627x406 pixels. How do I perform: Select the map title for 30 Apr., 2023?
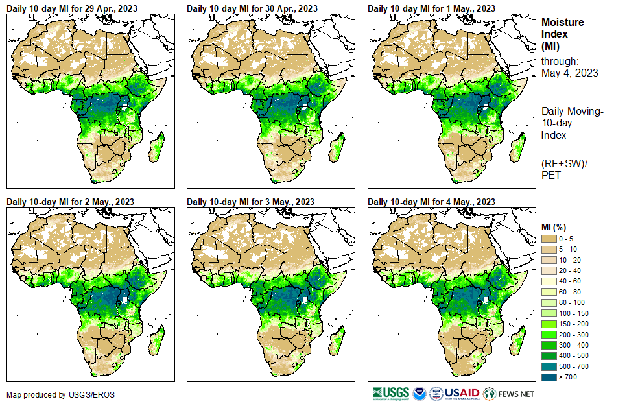pyautogui.click(x=252, y=8)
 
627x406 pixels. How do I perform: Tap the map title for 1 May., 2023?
pyautogui.click(x=431, y=8)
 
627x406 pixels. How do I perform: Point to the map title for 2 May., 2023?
pyautogui.click(x=71, y=202)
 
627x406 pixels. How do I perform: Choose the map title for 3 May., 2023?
pyautogui.click(x=251, y=202)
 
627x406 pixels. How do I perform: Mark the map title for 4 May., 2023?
pyautogui.click(x=431, y=202)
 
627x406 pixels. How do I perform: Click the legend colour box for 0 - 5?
pyautogui.click(x=549, y=239)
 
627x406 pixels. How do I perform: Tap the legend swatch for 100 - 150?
pyautogui.click(x=549, y=313)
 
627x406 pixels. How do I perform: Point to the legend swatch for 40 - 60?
pyautogui.click(x=549, y=281)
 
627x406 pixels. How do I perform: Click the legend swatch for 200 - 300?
pyautogui.click(x=549, y=333)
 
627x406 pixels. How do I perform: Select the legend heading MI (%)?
pyautogui.click(x=556, y=227)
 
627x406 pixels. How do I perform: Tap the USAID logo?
pyautogui.click(x=462, y=393)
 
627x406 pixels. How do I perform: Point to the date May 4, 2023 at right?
pyautogui.click(x=569, y=73)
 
